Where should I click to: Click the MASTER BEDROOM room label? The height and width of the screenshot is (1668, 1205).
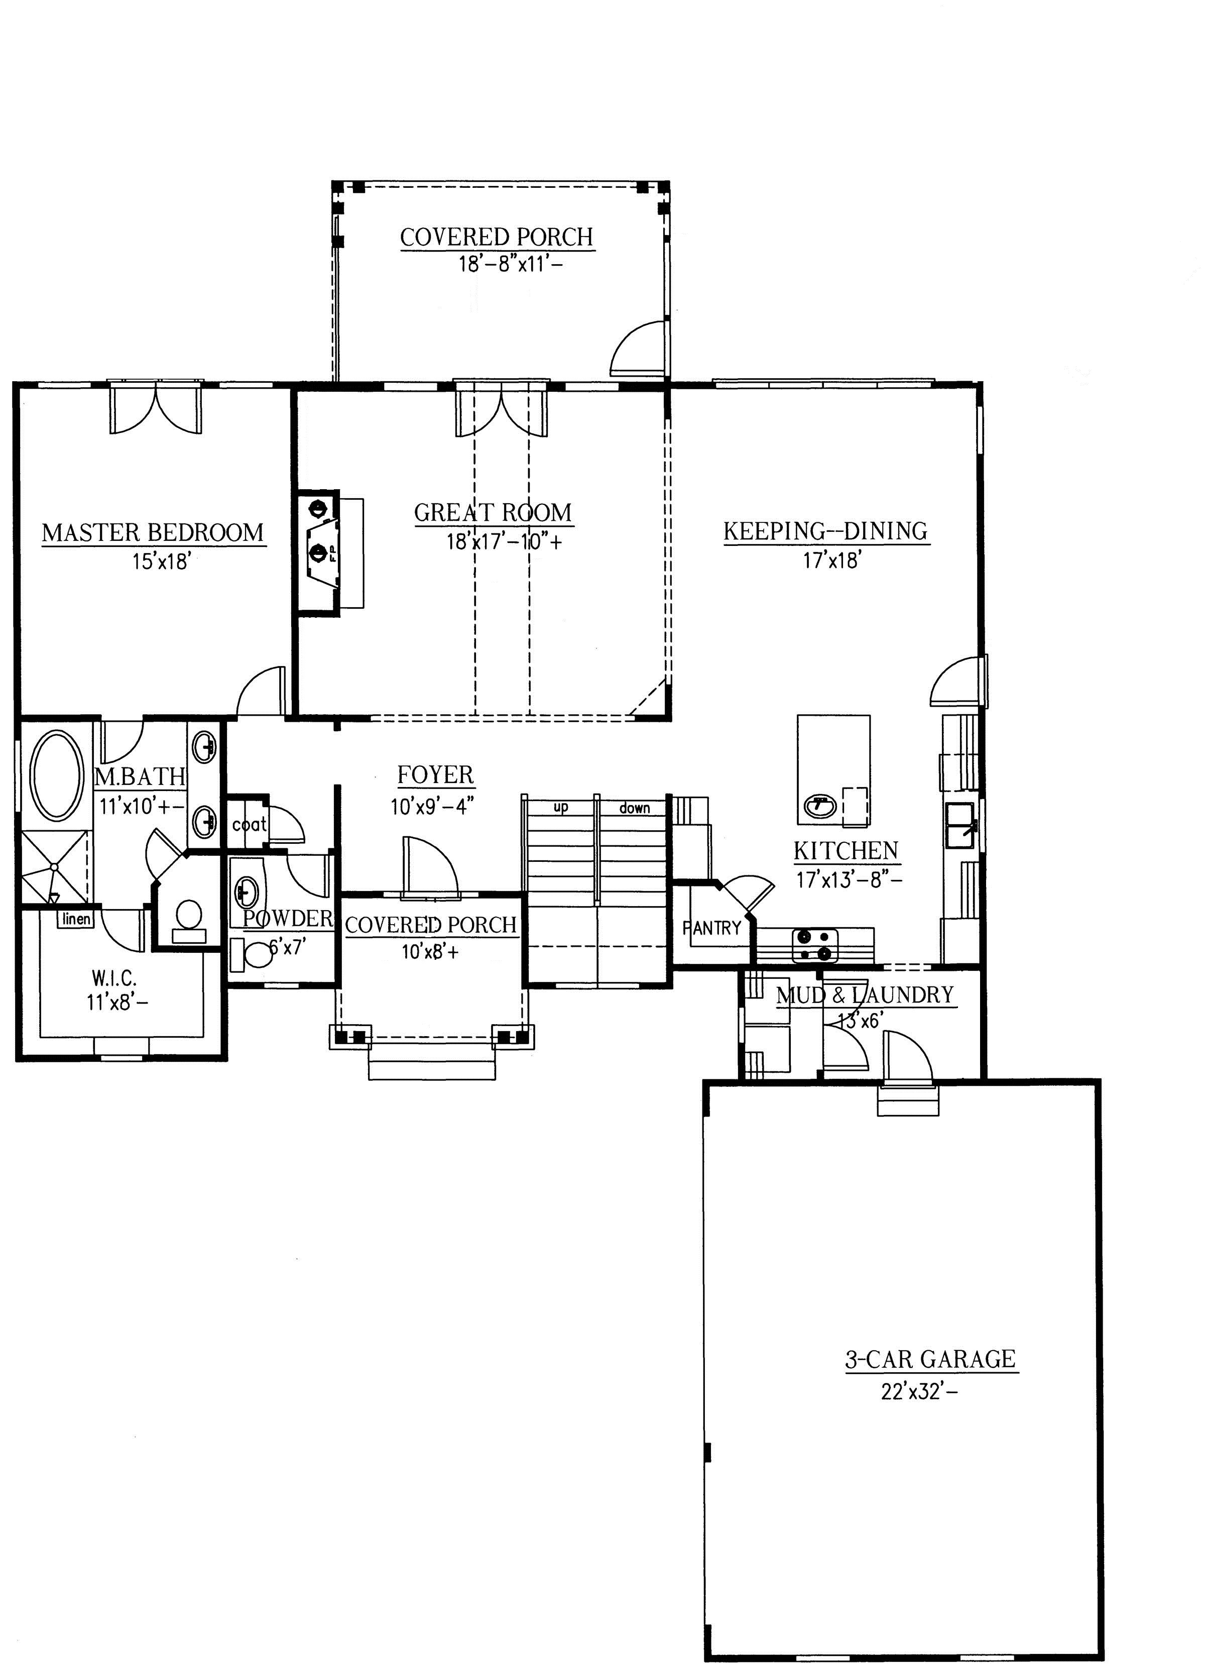click(153, 532)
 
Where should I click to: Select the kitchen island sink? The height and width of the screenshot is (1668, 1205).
click(820, 806)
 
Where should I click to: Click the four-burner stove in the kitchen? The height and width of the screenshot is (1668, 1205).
click(815, 946)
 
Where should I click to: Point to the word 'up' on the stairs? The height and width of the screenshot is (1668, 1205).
click(561, 808)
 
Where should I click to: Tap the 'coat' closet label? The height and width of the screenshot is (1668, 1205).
click(249, 824)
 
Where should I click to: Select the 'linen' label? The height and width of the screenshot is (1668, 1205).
click(76, 919)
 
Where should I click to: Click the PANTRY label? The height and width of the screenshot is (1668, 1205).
click(711, 928)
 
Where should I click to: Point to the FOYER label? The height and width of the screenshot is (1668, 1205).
click(435, 774)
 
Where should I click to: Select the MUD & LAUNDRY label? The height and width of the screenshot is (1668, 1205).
click(865, 995)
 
